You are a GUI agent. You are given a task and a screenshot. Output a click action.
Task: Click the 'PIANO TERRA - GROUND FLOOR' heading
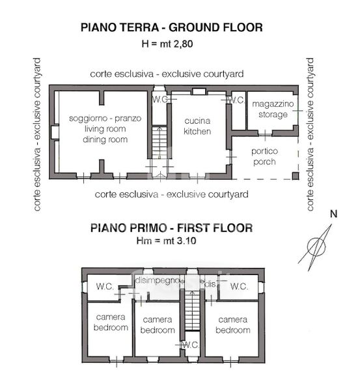tap(172, 27)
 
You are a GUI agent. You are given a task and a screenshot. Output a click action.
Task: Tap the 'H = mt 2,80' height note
tap(167, 44)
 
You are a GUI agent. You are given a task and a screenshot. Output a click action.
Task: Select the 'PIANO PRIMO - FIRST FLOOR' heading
tap(171, 228)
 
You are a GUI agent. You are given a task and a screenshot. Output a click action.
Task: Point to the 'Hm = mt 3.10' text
tap(166, 240)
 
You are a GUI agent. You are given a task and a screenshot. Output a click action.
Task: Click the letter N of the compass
tap(333, 214)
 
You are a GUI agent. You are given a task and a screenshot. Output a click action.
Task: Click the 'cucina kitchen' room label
tap(197, 126)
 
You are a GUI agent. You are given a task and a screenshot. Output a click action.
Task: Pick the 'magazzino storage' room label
tap(273, 109)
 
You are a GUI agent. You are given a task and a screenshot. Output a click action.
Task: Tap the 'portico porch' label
tap(264, 156)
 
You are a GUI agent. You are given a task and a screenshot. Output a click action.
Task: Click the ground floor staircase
tap(159, 143)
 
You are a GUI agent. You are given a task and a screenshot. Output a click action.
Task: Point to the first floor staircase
tap(192, 311)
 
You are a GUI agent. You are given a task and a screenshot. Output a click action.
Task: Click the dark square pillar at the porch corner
tap(295, 175)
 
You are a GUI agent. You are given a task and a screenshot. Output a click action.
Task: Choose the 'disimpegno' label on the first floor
tap(158, 280)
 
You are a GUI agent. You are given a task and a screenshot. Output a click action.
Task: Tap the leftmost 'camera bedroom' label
tap(111, 322)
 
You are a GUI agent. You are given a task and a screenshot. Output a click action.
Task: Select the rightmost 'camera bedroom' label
tap(232, 325)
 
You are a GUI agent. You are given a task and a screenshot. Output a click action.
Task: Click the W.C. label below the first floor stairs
tap(191, 345)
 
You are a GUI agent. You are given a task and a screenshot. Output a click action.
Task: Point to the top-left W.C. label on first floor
tap(105, 286)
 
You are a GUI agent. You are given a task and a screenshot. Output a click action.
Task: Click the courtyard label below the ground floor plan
tap(171, 194)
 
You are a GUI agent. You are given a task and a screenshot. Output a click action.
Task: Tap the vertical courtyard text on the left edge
tap(37, 135)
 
